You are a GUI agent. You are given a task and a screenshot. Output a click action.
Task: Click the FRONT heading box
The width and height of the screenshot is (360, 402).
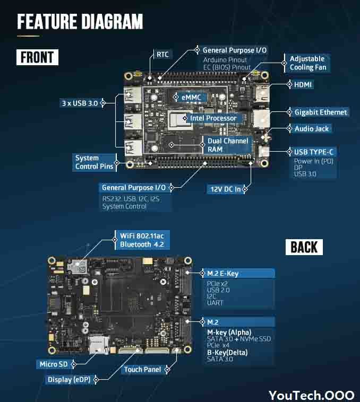coord(38,57)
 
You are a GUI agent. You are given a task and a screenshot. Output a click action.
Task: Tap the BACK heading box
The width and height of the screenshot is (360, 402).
coord(304,247)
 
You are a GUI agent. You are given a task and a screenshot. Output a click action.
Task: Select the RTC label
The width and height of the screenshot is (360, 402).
coord(162,54)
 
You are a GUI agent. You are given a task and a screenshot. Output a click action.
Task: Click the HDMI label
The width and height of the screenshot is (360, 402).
coord(303,85)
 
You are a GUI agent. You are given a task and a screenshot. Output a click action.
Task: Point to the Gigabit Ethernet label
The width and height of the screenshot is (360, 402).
coord(321,112)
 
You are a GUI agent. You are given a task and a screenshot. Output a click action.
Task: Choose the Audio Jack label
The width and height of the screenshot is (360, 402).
coord(312,129)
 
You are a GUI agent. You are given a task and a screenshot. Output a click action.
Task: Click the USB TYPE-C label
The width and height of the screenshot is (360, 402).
coord(314,152)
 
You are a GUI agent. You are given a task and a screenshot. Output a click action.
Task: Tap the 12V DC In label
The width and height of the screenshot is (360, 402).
coord(226,189)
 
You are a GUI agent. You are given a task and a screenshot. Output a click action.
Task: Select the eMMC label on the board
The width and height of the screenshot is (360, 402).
coord(191,98)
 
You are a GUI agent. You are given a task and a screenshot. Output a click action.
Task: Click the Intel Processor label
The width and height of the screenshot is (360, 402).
coord(213,118)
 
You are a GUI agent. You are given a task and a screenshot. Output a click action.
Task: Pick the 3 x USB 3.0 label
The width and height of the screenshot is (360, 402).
coord(80,103)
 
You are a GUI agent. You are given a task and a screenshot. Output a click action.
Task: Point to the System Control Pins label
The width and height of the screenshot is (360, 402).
coord(94,162)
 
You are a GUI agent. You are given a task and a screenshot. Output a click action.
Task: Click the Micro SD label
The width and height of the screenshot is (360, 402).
coord(54,364)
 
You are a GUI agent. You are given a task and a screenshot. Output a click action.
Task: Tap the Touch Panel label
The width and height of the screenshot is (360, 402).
coord(142,370)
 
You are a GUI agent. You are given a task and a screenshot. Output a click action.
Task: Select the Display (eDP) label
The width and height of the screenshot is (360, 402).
coord(69,379)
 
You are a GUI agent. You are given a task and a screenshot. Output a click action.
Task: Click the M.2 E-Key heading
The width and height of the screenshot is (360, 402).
coord(222,274)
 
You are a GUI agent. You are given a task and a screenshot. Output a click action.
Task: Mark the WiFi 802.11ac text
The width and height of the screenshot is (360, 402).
coord(142,236)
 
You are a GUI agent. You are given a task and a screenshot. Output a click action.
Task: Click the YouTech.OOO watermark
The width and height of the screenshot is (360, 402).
coord(312,395)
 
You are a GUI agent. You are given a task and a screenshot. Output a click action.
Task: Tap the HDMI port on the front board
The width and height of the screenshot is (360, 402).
coord(261,93)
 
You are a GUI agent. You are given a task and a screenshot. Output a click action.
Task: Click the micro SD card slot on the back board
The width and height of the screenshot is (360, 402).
coord(99,345)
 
